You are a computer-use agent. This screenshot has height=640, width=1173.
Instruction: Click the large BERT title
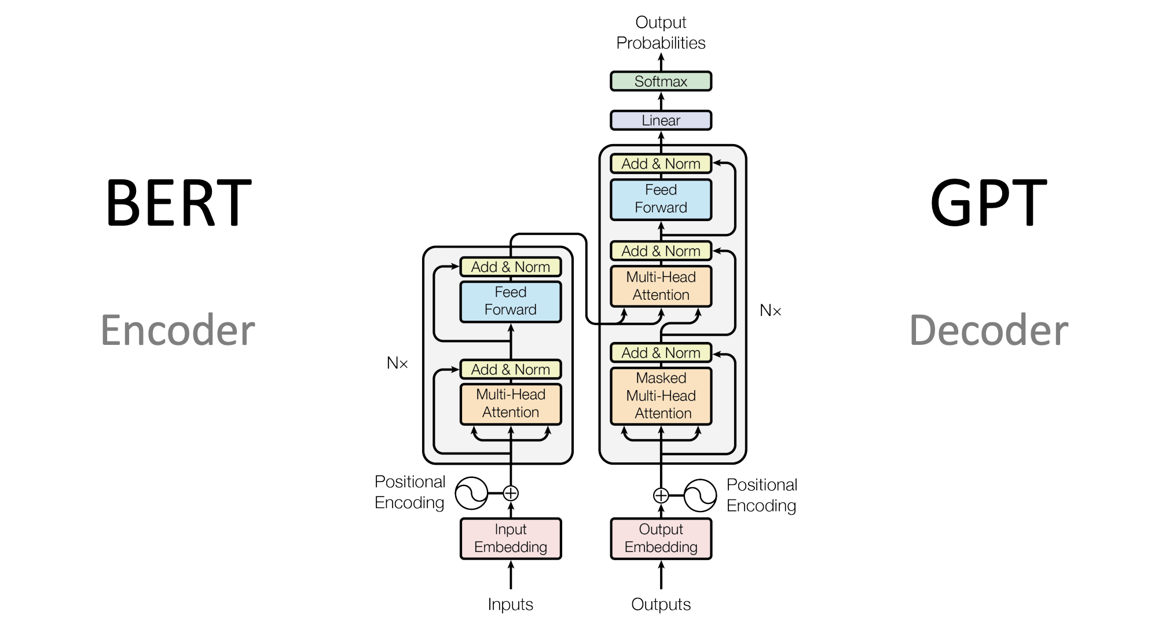pos(178,203)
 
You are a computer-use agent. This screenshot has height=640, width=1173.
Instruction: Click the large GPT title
pos(988,203)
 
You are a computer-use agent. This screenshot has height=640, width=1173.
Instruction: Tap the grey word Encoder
pos(178,330)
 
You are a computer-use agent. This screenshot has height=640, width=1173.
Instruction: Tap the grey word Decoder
pos(989,330)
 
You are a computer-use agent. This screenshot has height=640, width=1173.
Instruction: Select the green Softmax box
pos(661,82)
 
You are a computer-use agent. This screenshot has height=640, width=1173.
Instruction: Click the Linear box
pos(661,120)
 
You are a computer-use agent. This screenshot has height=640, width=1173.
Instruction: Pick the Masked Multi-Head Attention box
pos(661,396)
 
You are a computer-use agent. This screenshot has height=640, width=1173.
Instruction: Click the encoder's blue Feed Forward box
pos(510,301)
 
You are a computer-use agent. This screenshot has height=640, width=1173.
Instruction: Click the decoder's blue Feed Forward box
pos(661,199)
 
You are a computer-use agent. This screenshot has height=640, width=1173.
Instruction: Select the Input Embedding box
pos(510,538)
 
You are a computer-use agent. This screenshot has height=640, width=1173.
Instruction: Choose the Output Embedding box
pos(661,538)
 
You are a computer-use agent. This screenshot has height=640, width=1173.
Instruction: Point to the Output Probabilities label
pos(661,32)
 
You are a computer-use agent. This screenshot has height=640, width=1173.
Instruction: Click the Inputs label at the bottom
pos(510,604)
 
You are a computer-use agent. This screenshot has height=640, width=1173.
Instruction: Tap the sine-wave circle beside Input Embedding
pos(471,494)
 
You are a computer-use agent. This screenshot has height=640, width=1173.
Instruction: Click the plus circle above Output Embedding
pos(661,495)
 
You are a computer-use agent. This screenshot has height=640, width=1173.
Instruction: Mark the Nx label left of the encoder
pos(397,363)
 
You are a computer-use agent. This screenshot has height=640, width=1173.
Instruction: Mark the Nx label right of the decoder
pos(770,311)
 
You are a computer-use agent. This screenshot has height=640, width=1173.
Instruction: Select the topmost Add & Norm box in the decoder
pos(661,164)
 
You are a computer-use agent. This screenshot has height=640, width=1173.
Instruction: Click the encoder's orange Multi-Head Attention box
pos(510,403)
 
